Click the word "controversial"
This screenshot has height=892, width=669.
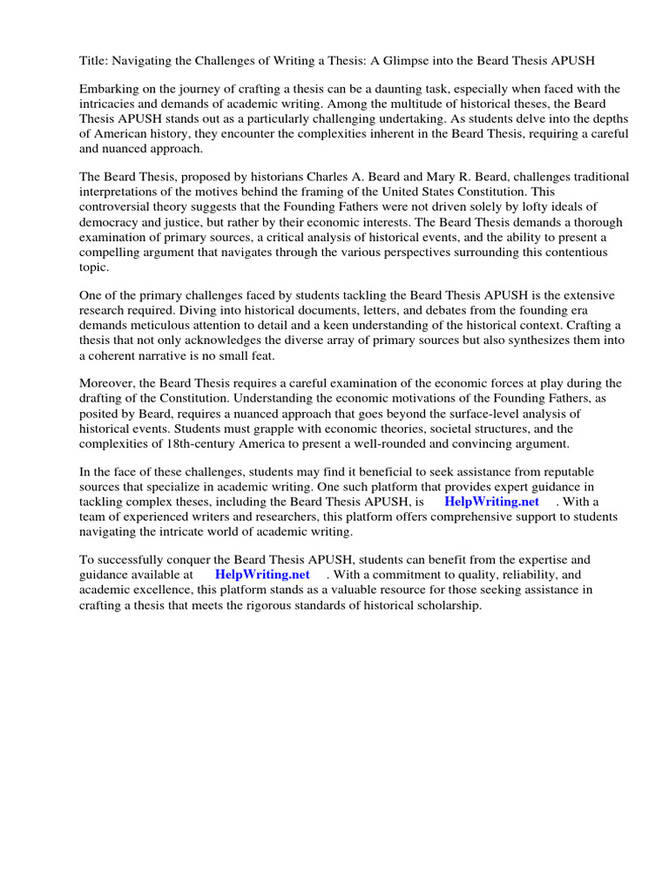118,206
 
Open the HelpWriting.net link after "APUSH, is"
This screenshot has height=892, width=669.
491,502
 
